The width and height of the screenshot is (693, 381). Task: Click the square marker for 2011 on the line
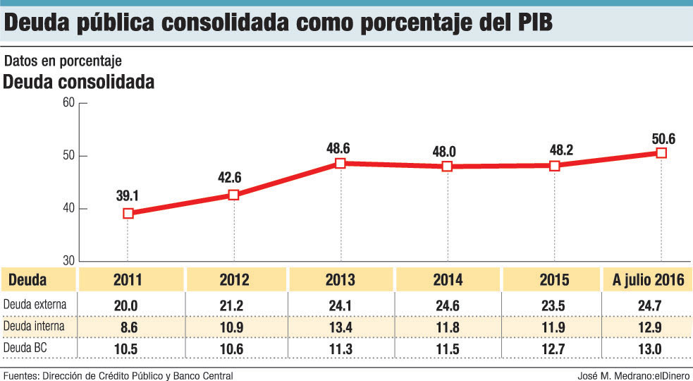[128, 213]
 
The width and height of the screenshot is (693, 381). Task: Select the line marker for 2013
[341, 163]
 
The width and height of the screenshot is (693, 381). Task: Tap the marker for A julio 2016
[661, 152]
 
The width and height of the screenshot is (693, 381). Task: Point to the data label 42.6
[233, 179]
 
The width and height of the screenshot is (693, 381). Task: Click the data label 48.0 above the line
[446, 150]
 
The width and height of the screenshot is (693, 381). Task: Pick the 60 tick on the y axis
[68, 102]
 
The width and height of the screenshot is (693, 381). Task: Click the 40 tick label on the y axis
[68, 208]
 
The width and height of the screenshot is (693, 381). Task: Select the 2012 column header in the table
[234, 280]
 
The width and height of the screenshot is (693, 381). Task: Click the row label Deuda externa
[35, 305]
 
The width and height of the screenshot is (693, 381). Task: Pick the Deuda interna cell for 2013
[341, 327]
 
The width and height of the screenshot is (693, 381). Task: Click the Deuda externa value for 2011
[128, 306]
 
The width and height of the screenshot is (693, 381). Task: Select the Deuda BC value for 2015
[553, 348]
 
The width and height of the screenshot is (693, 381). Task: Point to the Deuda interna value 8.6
[128, 327]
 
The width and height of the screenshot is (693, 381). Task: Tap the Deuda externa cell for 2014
[447, 306]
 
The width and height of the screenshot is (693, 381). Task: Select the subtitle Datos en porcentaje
[63, 61]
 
